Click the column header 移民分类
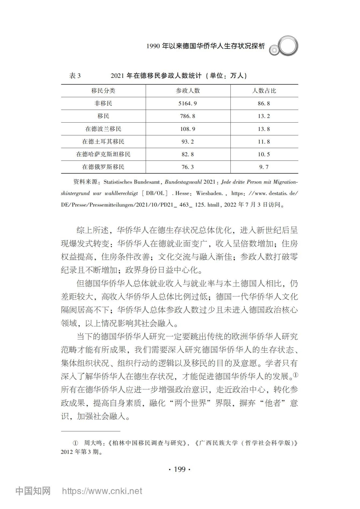tap(103, 91)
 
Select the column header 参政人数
tap(188, 91)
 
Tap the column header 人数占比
tap(264, 91)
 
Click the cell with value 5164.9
tap(188, 103)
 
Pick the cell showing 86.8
tap(264, 103)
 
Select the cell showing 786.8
tap(188, 116)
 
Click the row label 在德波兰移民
tap(103, 129)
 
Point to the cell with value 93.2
tap(188, 142)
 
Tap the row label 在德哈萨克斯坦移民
tap(103, 154)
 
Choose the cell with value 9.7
tap(264, 167)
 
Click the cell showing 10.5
tap(264, 154)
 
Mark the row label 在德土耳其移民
tap(103, 142)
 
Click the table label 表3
tap(75, 76)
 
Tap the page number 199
tap(180, 469)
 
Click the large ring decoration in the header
tap(287, 46)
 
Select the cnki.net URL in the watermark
tap(102, 491)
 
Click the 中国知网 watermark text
tap(33, 491)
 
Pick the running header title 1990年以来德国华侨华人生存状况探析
tap(206, 46)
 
